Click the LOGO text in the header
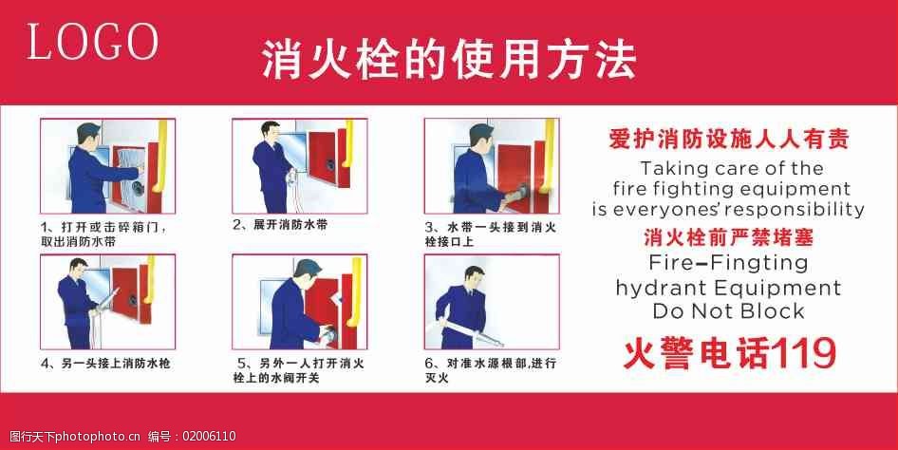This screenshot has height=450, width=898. (x=93, y=42)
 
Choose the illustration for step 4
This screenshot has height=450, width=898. (x=107, y=301)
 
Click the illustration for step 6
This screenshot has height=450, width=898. (x=491, y=301)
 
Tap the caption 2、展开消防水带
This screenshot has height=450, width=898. (x=280, y=226)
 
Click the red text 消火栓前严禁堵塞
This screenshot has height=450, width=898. (x=728, y=236)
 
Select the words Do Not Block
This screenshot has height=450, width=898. (x=728, y=310)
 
